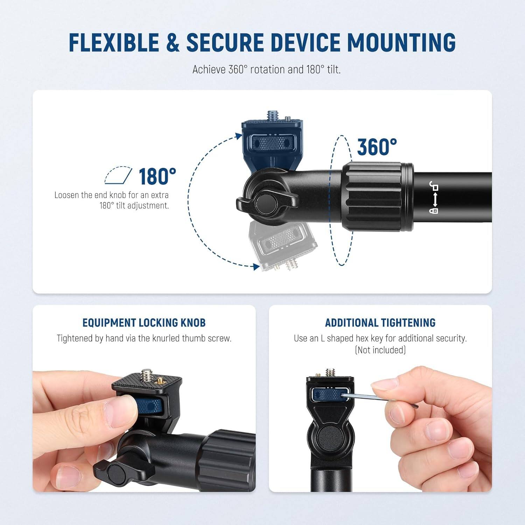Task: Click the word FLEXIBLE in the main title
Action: point(114,42)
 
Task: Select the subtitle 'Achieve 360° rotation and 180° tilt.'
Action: point(266,69)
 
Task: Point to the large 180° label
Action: point(157,176)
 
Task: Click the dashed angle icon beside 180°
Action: point(118,175)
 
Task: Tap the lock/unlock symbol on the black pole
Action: point(434,198)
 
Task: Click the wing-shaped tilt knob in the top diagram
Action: point(267,203)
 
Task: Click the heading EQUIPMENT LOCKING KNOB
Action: point(144,322)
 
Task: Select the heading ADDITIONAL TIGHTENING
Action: point(380,322)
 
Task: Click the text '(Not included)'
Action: point(380,350)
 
